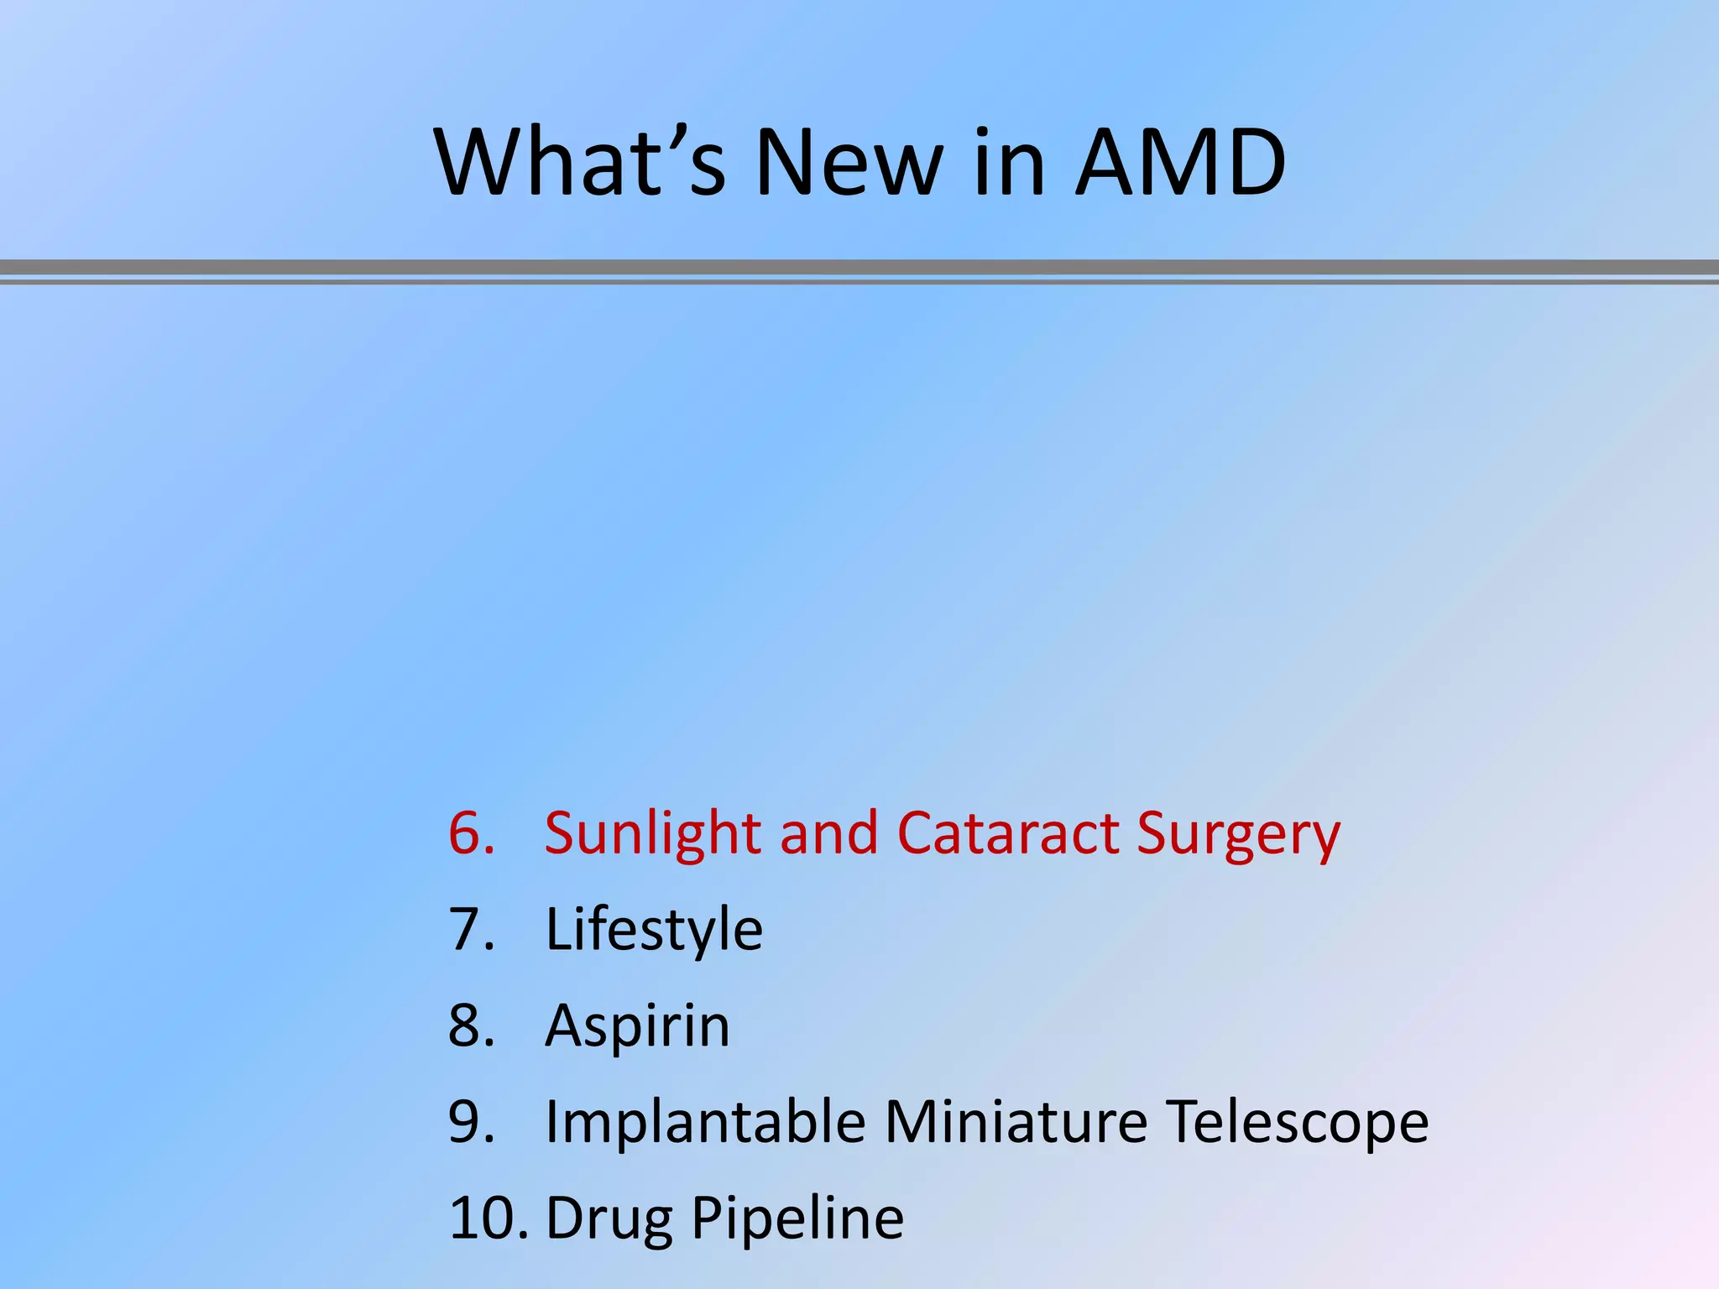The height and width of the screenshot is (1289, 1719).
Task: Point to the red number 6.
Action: click(471, 833)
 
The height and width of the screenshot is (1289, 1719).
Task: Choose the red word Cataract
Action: click(1007, 833)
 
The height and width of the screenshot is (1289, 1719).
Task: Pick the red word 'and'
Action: click(828, 833)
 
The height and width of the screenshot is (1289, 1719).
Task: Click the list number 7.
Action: click(471, 929)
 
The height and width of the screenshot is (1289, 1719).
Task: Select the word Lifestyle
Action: click(654, 931)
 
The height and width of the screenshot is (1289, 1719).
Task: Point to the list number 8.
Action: click(471, 1025)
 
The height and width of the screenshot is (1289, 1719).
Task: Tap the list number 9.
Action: click(471, 1121)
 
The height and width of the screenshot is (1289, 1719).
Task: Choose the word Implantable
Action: click(705, 1121)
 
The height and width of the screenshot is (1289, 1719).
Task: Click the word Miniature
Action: click(1016, 1121)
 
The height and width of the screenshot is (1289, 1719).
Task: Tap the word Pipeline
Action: click(797, 1219)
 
